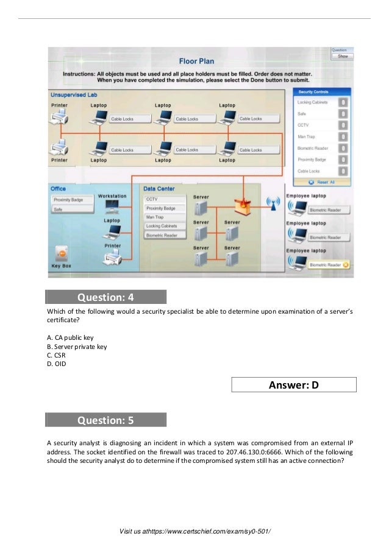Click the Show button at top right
coord(342,56)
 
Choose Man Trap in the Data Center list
coord(164,217)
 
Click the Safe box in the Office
coord(72,209)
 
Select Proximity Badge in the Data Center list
coord(164,208)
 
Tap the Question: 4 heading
coord(105,298)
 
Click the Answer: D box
coord(294,385)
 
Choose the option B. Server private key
coord(76,347)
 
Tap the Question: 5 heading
coord(105,420)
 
